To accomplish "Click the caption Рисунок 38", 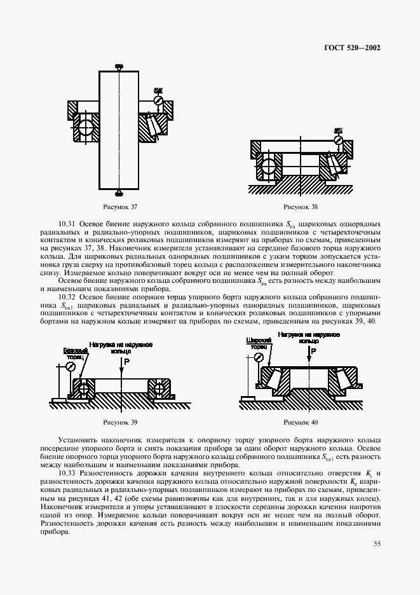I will (301, 207).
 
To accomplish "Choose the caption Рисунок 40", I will (301, 422).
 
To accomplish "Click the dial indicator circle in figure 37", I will (159, 100).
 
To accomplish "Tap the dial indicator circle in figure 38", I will (339, 140).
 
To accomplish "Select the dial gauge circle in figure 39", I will (71, 366).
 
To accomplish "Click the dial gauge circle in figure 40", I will (259, 358).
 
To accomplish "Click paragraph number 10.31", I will (67, 224).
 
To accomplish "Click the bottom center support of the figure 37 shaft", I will (119, 191).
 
